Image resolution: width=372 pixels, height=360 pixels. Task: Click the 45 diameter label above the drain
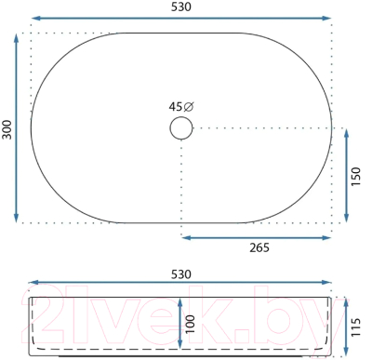click(x=181, y=107)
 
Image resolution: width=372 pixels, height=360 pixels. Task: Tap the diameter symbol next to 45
click(x=189, y=107)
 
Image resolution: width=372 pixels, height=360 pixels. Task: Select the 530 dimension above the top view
click(x=181, y=7)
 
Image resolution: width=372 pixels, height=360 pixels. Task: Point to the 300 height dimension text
click(x=7, y=129)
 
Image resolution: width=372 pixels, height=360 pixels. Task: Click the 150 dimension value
click(x=356, y=176)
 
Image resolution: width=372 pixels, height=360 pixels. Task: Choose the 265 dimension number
click(x=259, y=247)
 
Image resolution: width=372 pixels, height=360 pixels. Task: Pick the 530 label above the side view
click(x=181, y=274)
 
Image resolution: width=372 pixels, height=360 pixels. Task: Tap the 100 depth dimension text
click(x=191, y=324)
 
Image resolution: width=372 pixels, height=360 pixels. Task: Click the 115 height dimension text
click(x=356, y=327)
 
